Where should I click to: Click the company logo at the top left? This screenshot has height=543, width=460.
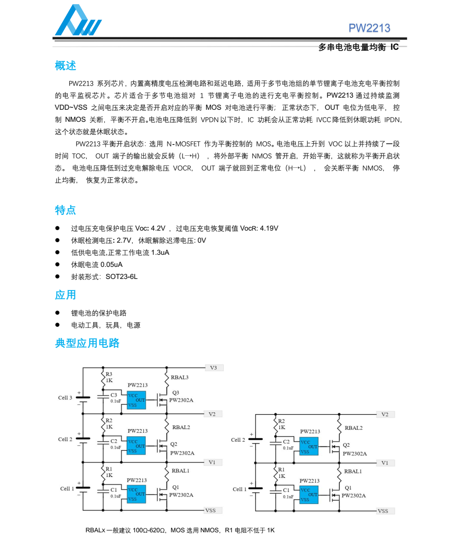pyautogui.click(x=78, y=21)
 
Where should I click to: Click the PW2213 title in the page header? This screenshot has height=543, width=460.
pyautogui.click(x=369, y=28)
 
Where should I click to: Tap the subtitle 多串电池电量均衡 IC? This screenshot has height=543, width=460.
pyautogui.click(x=358, y=47)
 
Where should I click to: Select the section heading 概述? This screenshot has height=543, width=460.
pyautogui.click(x=65, y=66)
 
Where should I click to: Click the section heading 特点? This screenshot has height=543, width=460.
pyautogui.click(x=65, y=210)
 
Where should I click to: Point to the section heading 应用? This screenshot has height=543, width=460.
pyautogui.click(x=65, y=295)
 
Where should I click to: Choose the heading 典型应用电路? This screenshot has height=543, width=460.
pyautogui.click(x=87, y=343)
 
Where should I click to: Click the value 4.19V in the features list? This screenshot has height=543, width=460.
pyautogui.click(x=269, y=228)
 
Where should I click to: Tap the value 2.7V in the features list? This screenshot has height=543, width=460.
pyautogui.click(x=124, y=240)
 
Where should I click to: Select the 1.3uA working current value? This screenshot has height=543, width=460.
pyautogui.click(x=160, y=252)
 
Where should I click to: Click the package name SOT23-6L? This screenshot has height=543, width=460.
pyautogui.click(x=122, y=277)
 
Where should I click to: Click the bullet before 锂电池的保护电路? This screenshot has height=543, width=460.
pyautogui.click(x=58, y=313)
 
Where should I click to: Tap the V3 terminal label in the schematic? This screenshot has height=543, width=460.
pyautogui.click(x=213, y=368)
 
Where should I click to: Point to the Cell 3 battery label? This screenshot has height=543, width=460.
pyautogui.click(x=65, y=398)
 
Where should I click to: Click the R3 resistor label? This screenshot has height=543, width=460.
pyautogui.click(x=109, y=374)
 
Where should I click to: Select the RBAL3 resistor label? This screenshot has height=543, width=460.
pyautogui.click(x=180, y=377)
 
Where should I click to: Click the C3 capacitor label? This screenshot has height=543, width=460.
pyautogui.click(x=114, y=395)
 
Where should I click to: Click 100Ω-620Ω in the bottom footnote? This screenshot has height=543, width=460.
pyautogui.click(x=150, y=530)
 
